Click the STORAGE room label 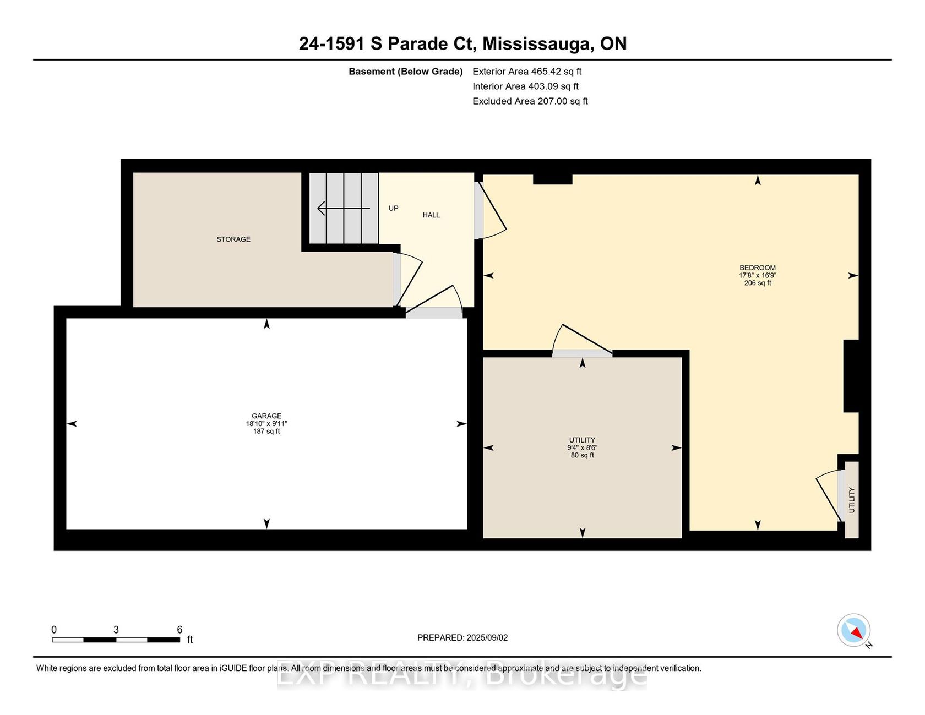(x=233, y=239)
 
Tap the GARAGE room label (x=266, y=416)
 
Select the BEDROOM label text (x=758, y=268)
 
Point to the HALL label (x=431, y=215)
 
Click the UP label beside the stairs (x=394, y=208)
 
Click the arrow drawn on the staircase (x=344, y=209)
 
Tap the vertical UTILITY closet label (x=852, y=500)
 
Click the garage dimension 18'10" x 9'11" (x=266, y=424)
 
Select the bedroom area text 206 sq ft (x=758, y=283)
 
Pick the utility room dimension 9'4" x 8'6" (x=583, y=448)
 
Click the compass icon (x=854, y=631)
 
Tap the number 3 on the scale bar (x=116, y=630)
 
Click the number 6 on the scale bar (x=179, y=630)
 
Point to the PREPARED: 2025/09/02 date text (x=463, y=638)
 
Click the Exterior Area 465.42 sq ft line (x=527, y=72)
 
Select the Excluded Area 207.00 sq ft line (x=530, y=101)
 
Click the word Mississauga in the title (x=537, y=43)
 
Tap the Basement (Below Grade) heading (x=406, y=72)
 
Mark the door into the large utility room (x=582, y=342)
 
